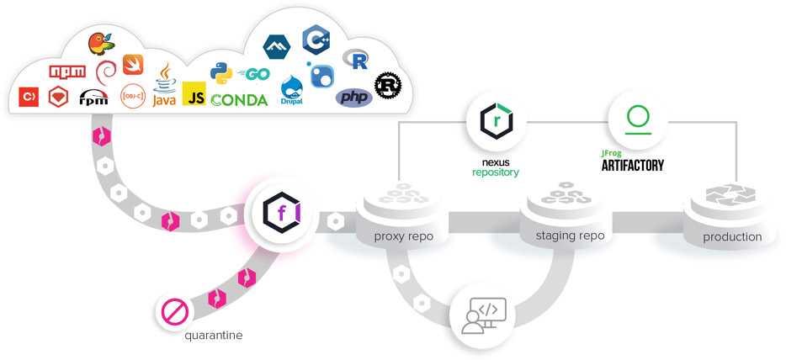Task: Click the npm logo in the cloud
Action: pos(67,71)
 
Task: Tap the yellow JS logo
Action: pos(194,94)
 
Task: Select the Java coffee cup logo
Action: pos(164,85)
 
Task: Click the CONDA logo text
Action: pos(239,100)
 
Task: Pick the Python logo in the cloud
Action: pos(221,73)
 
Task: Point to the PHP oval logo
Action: pos(354,98)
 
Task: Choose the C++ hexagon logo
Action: pos(316,39)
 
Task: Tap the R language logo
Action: pos(356,59)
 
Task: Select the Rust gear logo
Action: pos(388,84)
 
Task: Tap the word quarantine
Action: pos(214,336)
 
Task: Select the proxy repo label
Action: pos(404,236)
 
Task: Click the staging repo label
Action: pos(570,236)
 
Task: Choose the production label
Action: pos(732,237)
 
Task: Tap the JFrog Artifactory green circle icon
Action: pos(637,119)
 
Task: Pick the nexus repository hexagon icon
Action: pos(496,120)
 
